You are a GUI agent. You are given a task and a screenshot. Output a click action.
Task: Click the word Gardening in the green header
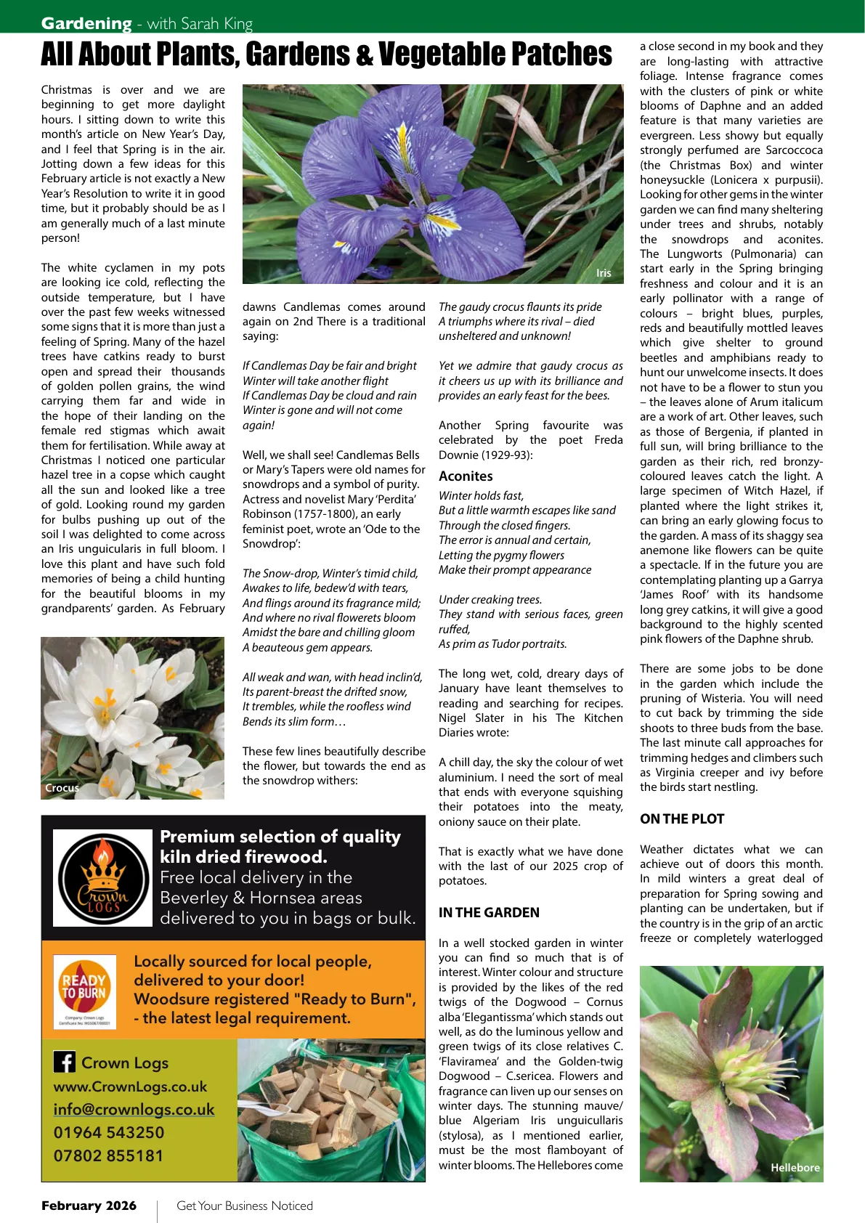pyautogui.click(x=86, y=23)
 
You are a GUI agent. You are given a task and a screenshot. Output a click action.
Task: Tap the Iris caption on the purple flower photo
pyautogui.click(x=604, y=273)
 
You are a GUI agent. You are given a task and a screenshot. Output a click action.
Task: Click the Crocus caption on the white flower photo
pyautogui.click(x=62, y=788)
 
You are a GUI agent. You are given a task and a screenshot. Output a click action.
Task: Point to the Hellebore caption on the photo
pyautogui.click(x=795, y=1168)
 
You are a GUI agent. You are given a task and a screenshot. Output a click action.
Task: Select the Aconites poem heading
pyautogui.click(x=466, y=476)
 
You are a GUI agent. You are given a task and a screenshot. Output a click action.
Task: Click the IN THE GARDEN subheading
pyautogui.click(x=489, y=913)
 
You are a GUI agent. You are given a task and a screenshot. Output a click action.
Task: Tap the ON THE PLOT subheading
pyautogui.click(x=682, y=819)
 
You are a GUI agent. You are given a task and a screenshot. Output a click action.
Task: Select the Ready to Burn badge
pyautogui.click(x=84, y=991)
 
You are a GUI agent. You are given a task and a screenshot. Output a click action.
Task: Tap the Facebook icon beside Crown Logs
pyautogui.click(x=65, y=1062)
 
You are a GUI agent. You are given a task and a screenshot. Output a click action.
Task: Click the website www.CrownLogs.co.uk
pyautogui.click(x=130, y=1086)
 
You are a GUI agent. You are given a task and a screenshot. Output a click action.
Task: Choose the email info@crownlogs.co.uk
pyautogui.click(x=134, y=1110)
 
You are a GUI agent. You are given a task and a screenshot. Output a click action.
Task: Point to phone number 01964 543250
pyautogui.click(x=109, y=1132)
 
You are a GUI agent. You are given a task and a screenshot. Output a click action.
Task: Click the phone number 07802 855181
pyautogui.click(x=109, y=1155)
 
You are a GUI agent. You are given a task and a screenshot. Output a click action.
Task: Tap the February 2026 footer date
pyautogui.click(x=89, y=1206)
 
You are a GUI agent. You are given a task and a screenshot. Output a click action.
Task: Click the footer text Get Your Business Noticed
pyautogui.click(x=245, y=1206)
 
